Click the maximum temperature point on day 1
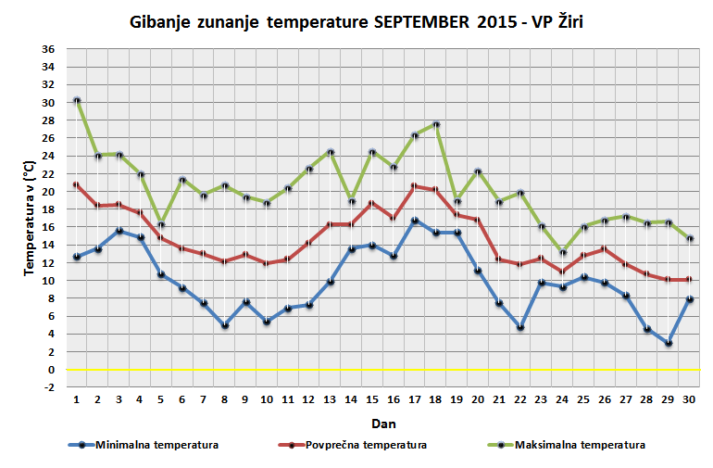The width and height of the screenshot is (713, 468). (77, 100)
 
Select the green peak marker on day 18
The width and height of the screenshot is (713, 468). (436, 124)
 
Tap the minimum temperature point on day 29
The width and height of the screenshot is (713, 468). (668, 343)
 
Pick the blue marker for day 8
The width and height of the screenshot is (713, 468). (225, 325)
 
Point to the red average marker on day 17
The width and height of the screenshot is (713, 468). (415, 185)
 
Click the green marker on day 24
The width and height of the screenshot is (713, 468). (562, 251)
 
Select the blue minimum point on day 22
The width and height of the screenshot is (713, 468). (521, 327)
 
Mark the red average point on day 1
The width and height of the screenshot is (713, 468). (77, 184)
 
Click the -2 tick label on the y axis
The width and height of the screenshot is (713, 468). (48, 387)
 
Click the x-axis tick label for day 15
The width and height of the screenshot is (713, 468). (372, 399)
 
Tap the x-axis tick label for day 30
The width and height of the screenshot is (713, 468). (689, 399)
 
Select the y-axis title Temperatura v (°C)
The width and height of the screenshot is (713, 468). (29, 219)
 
